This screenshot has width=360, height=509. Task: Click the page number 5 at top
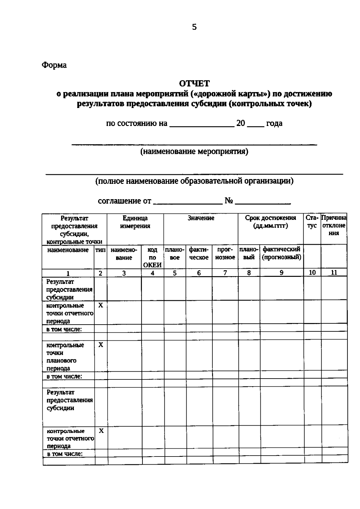[x=194, y=27]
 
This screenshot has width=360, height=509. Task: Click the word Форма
[x=54, y=65]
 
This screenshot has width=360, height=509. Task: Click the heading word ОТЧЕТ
[x=194, y=83]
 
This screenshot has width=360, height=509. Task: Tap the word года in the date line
[x=274, y=123]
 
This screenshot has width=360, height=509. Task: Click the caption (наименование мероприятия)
[x=194, y=151]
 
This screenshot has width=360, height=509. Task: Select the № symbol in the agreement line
[x=229, y=201]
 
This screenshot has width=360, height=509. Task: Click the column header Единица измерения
[x=135, y=222]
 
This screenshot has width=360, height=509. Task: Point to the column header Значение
[x=201, y=218]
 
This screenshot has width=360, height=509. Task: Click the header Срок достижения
[x=270, y=222]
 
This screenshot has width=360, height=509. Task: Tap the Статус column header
[x=312, y=222]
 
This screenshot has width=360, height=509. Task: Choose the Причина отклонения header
[x=334, y=225]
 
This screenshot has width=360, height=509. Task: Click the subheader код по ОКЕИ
[x=152, y=257]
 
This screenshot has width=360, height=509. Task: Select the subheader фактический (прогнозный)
[x=281, y=253]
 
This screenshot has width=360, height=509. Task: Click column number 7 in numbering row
[x=225, y=273]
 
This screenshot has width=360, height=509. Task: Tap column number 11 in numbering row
[x=334, y=272]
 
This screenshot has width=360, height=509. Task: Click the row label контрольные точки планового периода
[x=65, y=357]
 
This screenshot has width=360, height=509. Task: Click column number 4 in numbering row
[x=152, y=273]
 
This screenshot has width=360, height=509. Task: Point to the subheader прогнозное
[x=225, y=253]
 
